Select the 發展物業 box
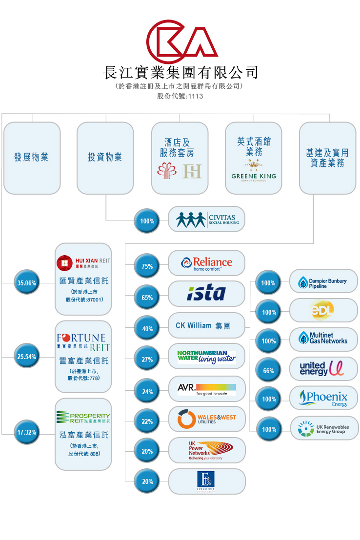pyautogui.click(x=32, y=158)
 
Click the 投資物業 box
pyautogui.click(x=105, y=158)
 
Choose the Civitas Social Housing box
pyautogui.click(x=206, y=219)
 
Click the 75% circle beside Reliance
pyautogui.click(x=147, y=266)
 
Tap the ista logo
pyautogui.click(x=206, y=293)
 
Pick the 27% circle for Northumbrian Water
pyautogui.click(x=147, y=360)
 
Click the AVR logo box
pyautogui.click(x=206, y=389)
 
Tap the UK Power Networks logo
pyautogui.click(x=206, y=450)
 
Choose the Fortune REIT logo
pyautogui.click(x=83, y=342)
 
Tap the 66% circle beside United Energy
pyautogui.click(x=269, y=371)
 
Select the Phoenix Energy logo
pyautogui.click(x=323, y=398)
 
